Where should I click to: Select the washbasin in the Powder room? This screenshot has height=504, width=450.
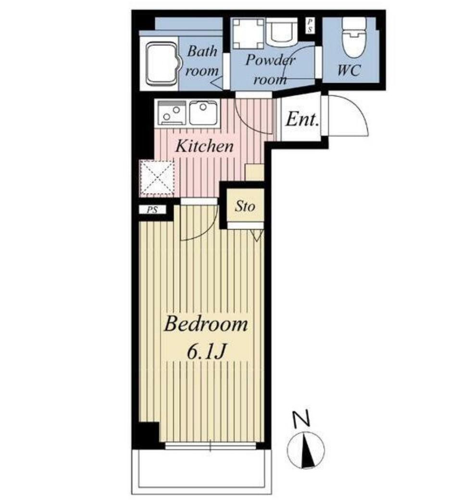tap(282, 31)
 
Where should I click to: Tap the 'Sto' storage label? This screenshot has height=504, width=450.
tap(245, 206)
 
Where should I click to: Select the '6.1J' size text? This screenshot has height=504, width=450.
tap(205, 353)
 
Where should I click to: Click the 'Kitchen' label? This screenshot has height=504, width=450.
tap(205, 146)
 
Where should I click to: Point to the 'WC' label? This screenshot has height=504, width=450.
tap(349, 70)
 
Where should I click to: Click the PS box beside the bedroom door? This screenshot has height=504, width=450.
tap(152, 210)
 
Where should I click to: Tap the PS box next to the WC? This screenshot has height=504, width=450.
tap(310, 25)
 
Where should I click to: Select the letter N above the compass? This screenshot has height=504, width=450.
tap(301, 418)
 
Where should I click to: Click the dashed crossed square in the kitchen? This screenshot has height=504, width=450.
tap(157, 177)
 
